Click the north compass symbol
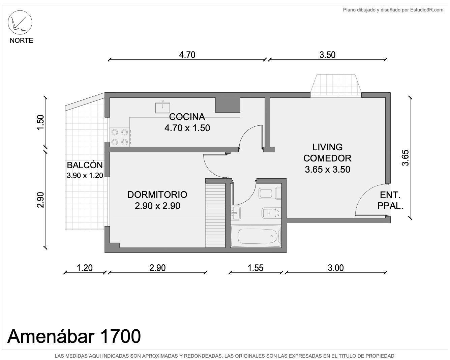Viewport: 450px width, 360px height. (20, 22)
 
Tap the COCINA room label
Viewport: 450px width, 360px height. (187, 117)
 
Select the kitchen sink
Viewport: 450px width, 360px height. (162, 107)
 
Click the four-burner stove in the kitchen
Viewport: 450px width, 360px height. (120, 137)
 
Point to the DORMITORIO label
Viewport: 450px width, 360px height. (157, 194)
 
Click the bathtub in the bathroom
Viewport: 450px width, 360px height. (255, 236)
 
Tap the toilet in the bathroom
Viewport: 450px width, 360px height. (270, 193)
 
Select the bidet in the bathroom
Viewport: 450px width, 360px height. (271, 213)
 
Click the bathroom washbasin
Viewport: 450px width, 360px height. (235, 213)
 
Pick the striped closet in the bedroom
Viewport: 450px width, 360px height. (215, 215)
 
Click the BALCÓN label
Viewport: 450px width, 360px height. (85, 165)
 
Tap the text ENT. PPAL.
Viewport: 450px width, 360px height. (390, 201)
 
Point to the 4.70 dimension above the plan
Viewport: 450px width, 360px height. (187, 55)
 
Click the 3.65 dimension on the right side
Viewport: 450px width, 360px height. (405, 158)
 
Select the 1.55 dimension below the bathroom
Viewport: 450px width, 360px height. (255, 268)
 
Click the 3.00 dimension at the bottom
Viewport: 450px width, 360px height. (336, 268)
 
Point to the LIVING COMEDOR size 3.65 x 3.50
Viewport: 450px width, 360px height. (327, 170)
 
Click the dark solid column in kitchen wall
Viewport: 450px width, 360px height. (228, 105)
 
